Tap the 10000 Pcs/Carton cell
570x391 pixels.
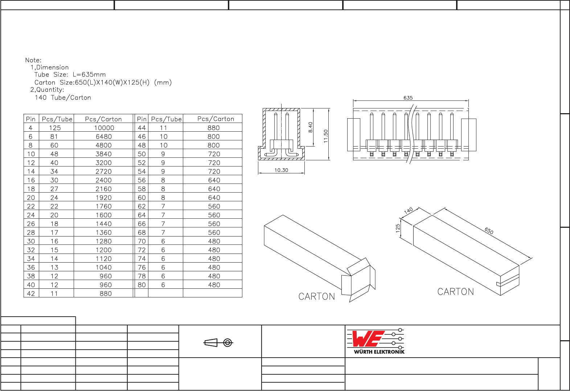click(104, 128)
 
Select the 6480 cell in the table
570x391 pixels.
click(104, 137)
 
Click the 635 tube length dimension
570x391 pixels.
click(408, 98)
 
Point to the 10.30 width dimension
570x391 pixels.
click(281, 170)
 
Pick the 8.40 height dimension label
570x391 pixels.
click(311, 127)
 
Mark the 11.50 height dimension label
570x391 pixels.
click(325, 136)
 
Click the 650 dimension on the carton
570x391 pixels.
click(489, 231)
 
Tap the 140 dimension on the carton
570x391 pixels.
click(409, 211)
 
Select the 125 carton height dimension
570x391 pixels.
click(398, 228)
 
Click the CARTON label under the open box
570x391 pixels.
click(316, 297)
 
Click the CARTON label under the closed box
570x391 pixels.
click(455, 292)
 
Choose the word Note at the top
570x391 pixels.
click(33, 60)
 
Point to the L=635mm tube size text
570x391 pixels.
click(89, 75)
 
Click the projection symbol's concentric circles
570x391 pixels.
click(227, 342)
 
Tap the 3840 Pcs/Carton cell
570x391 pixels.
click(104, 154)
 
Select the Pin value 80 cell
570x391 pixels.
click(142, 285)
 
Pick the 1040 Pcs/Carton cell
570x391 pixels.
click(104, 268)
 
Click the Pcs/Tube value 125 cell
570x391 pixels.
click(55, 128)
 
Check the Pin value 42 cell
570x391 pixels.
click(31, 294)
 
